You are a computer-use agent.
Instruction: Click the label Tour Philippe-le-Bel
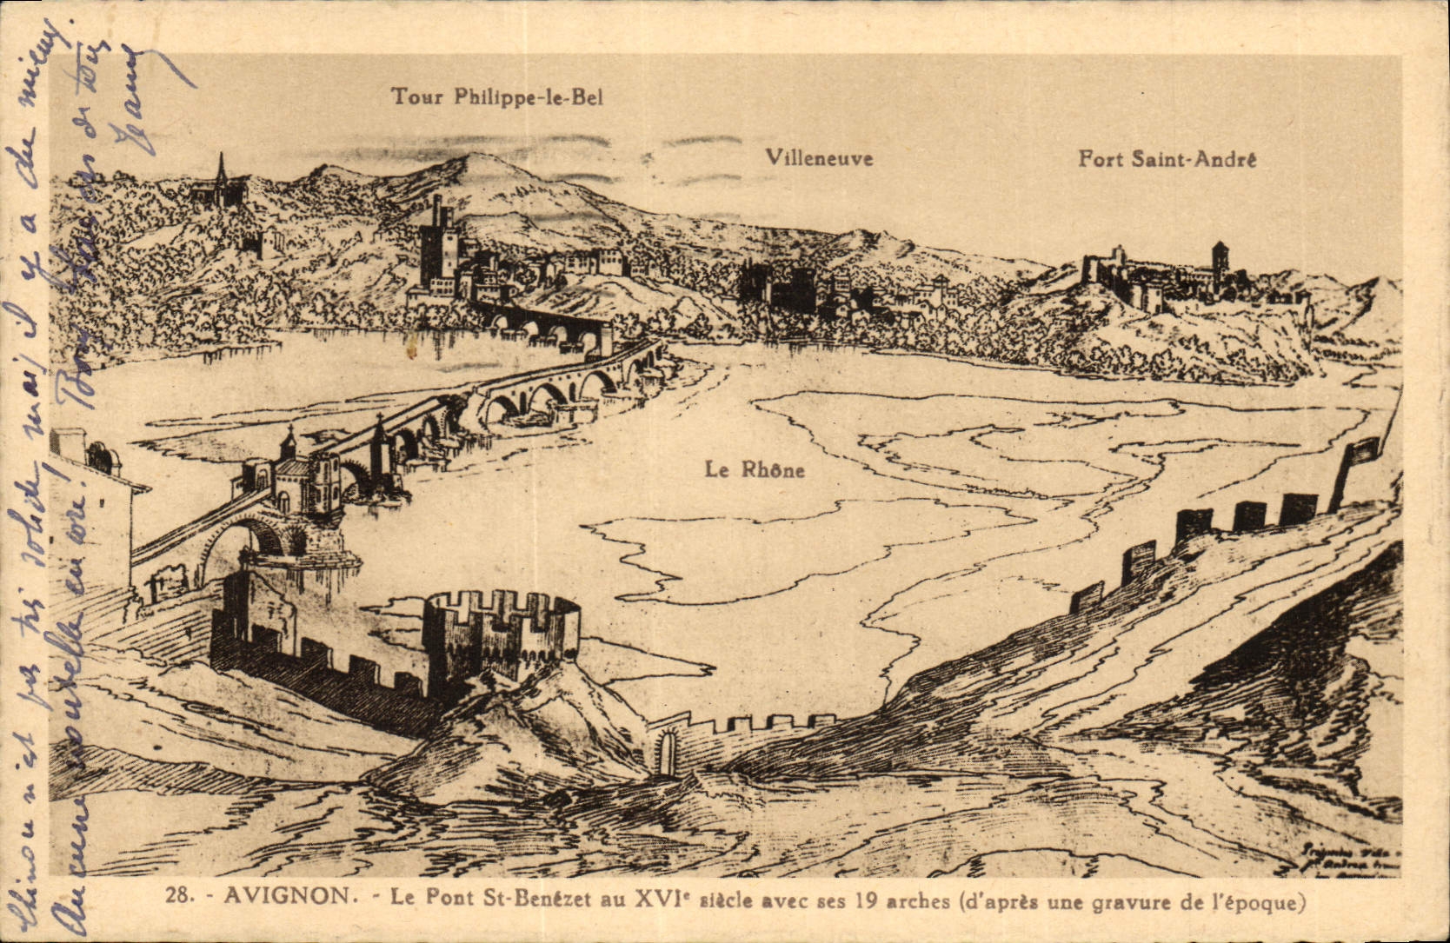point(496,96)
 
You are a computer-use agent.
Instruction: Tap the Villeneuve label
point(819,158)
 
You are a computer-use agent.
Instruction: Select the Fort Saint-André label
point(1167,159)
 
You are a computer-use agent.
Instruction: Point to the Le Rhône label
point(755,470)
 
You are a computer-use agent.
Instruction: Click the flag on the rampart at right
point(1361,449)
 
